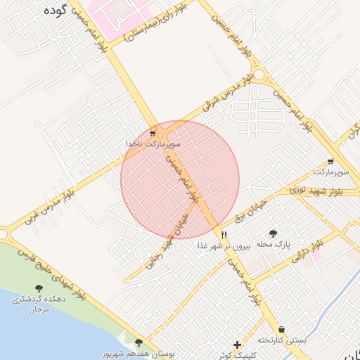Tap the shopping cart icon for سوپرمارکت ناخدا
pyautogui.click(x=153, y=133)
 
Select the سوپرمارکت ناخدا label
pyautogui.click(x=153, y=143)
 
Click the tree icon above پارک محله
pyautogui.click(x=273, y=233)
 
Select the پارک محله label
pyautogui.click(x=273, y=244)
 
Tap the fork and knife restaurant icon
pyautogui.click(x=224, y=235)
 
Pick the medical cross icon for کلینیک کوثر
pyautogui.click(x=238, y=345)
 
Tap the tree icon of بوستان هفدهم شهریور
pyautogui.click(x=138, y=343)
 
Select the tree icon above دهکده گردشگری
pyautogui.click(x=38, y=288)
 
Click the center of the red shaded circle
pyautogui.click(x=180, y=179)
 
